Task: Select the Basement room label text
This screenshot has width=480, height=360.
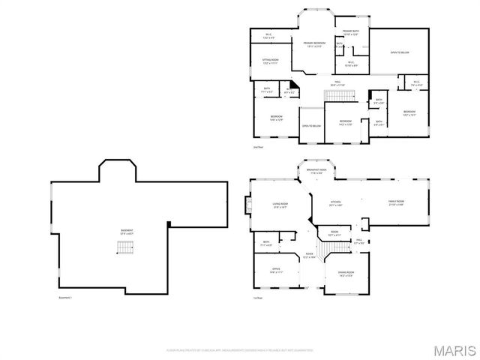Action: coord(128,232)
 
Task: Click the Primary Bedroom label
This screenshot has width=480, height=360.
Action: coord(315,44)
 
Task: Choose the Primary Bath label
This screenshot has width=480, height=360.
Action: coord(351,32)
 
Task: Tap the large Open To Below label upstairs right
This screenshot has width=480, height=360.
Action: coord(399,52)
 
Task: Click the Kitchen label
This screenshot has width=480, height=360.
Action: coord(336,203)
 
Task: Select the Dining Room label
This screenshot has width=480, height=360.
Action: coord(345,273)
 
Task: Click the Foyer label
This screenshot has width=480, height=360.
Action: coord(309,255)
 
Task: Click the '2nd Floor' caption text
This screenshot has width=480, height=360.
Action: coord(258,148)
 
